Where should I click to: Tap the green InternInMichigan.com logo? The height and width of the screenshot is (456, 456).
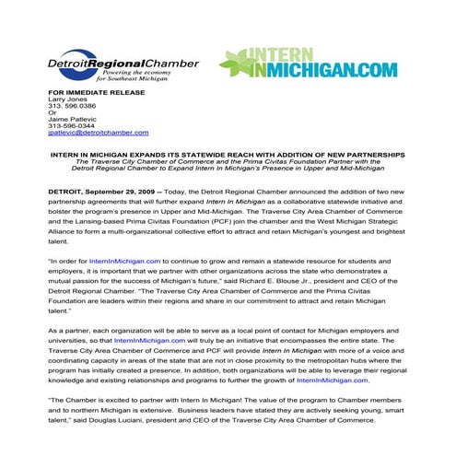308,62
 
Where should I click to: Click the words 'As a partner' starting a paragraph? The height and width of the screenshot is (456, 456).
69,329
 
